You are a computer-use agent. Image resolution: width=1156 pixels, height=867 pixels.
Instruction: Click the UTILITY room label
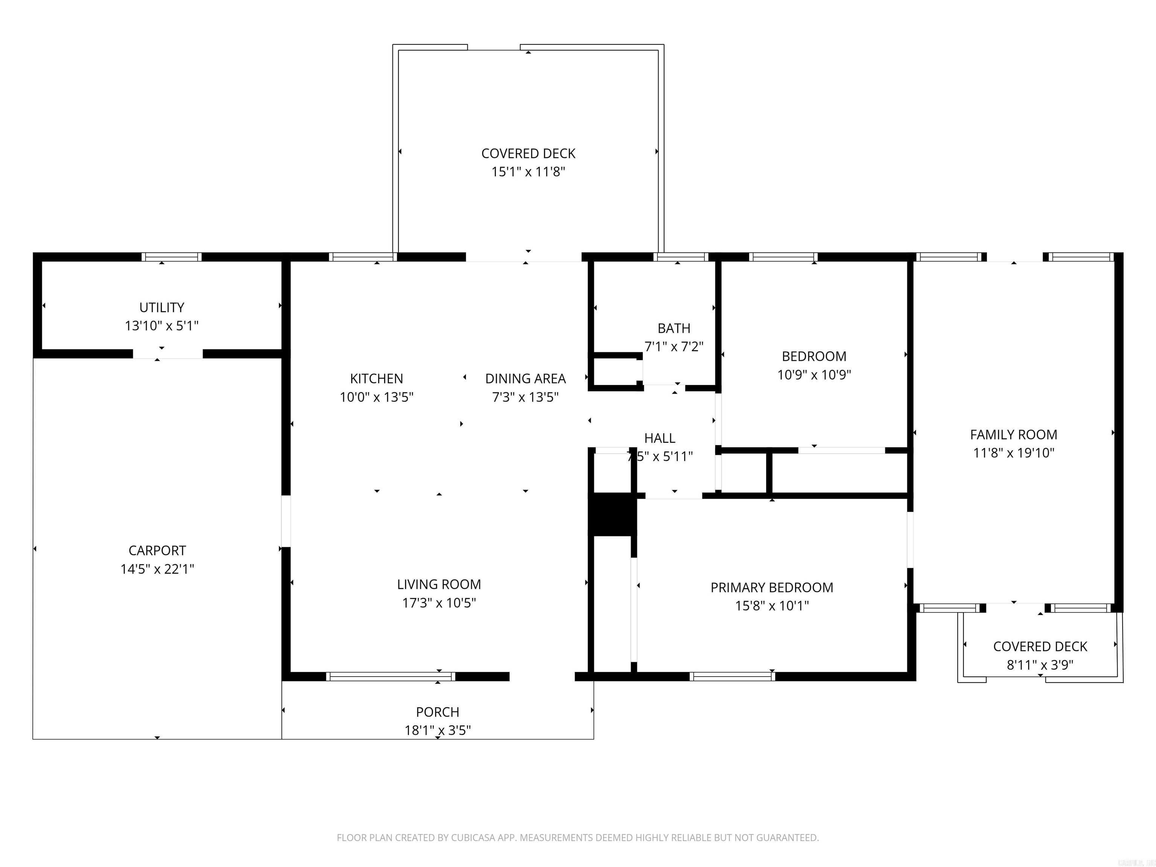161,307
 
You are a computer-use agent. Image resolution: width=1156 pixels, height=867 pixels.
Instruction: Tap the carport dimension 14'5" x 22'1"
157,569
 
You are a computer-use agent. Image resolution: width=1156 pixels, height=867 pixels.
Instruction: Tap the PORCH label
437,712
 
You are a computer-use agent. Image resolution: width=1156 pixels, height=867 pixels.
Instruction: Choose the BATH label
674,328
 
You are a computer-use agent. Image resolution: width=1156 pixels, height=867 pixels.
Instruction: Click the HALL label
660,438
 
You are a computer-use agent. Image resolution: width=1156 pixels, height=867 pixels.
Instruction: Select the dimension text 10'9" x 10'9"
814,375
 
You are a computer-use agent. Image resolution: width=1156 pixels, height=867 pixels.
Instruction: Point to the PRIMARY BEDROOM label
771,587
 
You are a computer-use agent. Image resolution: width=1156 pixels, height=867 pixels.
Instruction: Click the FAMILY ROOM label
1013,434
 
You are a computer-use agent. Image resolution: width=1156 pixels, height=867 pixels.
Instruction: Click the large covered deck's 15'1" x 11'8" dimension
528,172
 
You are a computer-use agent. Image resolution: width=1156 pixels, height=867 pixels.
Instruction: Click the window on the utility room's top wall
172,257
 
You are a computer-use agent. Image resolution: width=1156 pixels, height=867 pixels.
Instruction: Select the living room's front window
390,677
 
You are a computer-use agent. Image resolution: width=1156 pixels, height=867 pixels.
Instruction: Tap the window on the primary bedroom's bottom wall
732,677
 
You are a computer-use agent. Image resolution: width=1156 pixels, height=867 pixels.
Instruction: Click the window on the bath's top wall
680,257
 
